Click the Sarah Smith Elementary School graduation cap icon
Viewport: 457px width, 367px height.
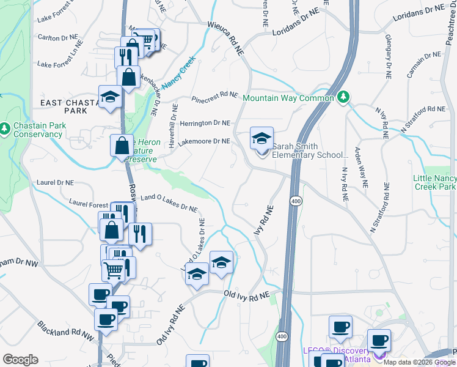[261, 139]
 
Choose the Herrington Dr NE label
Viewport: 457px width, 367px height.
[204, 123]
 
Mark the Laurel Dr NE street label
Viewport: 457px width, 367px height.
[55, 182]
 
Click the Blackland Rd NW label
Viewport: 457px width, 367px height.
[65, 332]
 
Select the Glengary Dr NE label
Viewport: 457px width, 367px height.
[388, 56]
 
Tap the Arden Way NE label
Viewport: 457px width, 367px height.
[362, 166]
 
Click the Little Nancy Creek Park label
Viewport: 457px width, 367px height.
[434, 182]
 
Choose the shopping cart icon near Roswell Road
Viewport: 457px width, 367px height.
[114, 269]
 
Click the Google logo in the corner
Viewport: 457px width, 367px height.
[20, 360]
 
